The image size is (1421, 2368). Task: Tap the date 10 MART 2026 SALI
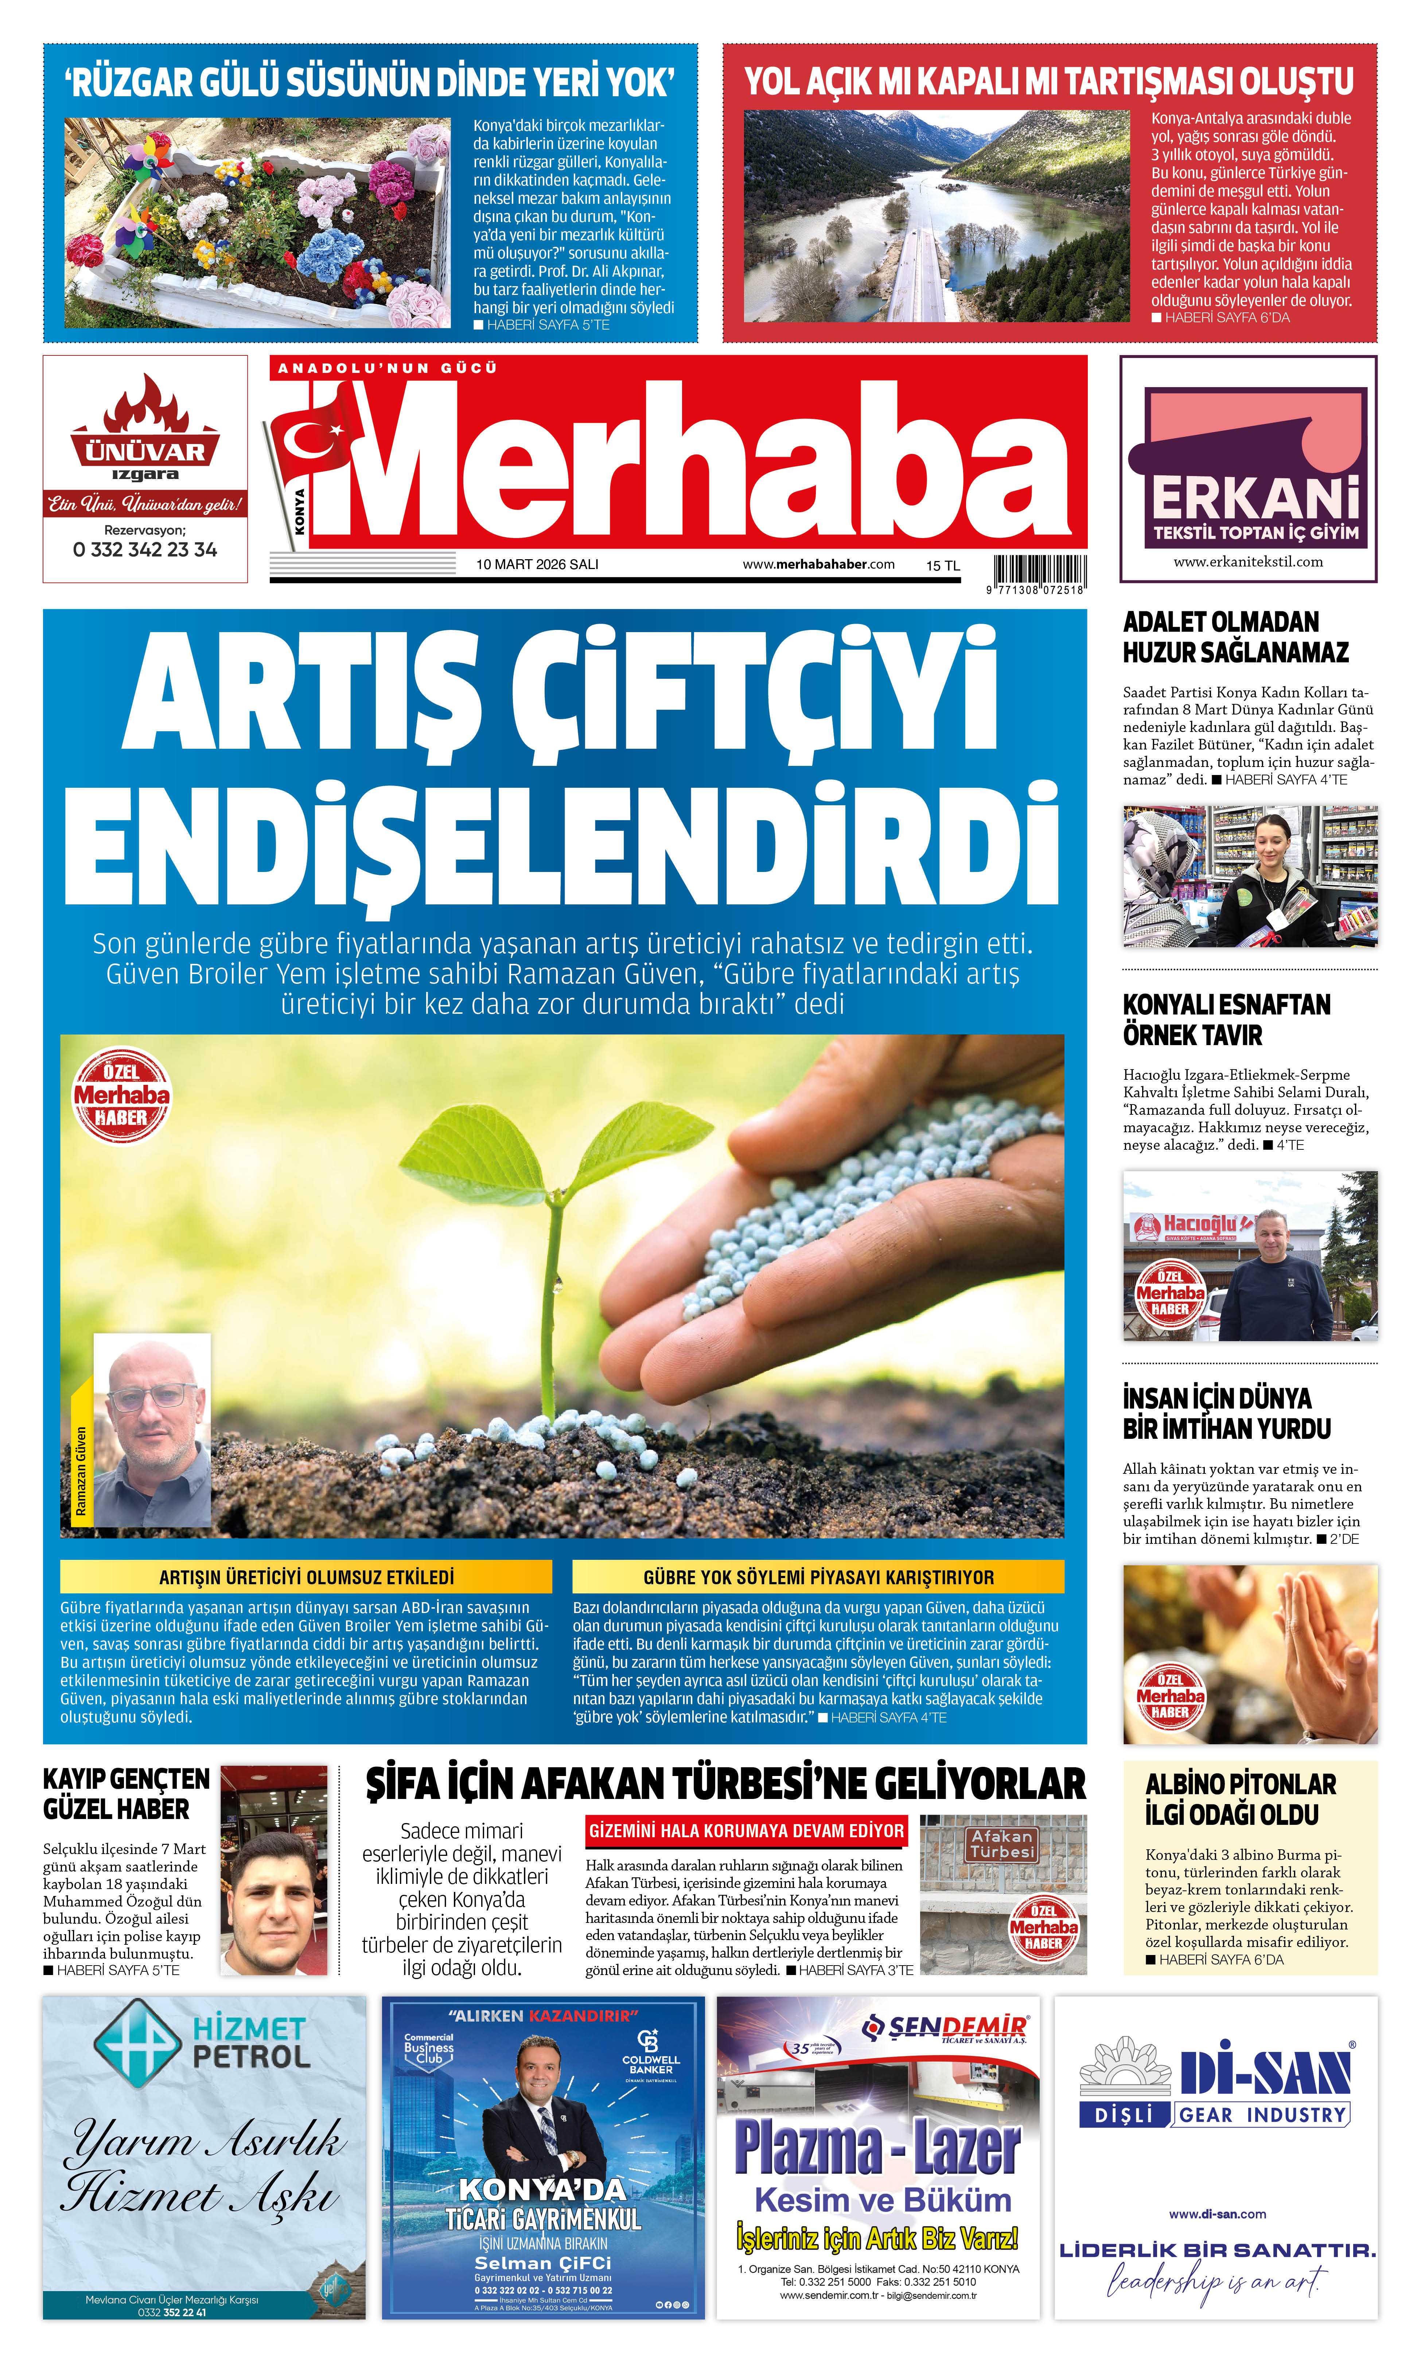(537, 564)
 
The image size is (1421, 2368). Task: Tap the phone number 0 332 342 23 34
(145, 550)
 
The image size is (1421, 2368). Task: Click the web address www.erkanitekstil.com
(1248, 562)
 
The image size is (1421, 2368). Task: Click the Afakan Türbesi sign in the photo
(1002, 1844)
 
